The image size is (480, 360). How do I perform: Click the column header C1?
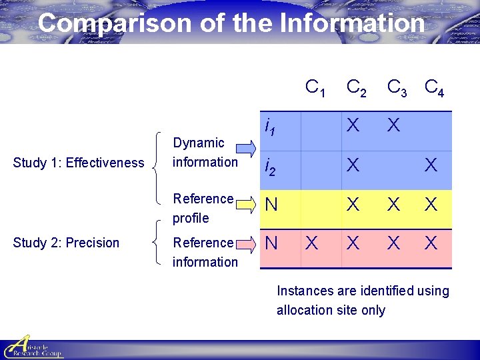[x=315, y=87]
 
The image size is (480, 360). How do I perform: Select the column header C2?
[x=355, y=87]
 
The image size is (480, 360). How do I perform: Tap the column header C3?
[x=397, y=87]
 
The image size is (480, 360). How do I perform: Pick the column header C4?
[x=434, y=87]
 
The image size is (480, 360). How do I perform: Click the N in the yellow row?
[x=271, y=205]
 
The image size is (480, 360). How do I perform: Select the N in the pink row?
[x=271, y=244]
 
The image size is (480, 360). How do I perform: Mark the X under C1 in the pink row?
[x=311, y=244]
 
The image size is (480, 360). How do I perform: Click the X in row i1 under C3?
[x=393, y=125]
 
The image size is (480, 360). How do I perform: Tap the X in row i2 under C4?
[x=431, y=165]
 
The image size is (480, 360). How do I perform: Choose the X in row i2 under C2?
[x=353, y=165]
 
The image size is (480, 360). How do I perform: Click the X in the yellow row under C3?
[x=393, y=205]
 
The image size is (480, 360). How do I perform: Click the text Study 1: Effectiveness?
[x=79, y=163]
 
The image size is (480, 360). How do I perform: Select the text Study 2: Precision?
[x=66, y=243]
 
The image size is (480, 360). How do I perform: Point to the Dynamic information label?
[x=205, y=152]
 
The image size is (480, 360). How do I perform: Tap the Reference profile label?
[x=203, y=208]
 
